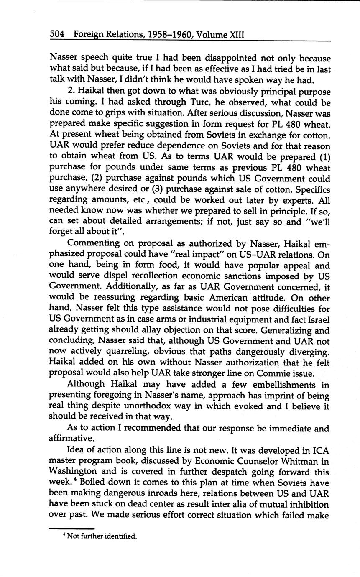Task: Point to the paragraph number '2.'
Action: pos(71,91)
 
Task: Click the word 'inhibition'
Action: pos(308,504)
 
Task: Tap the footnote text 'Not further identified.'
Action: pos(102,536)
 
